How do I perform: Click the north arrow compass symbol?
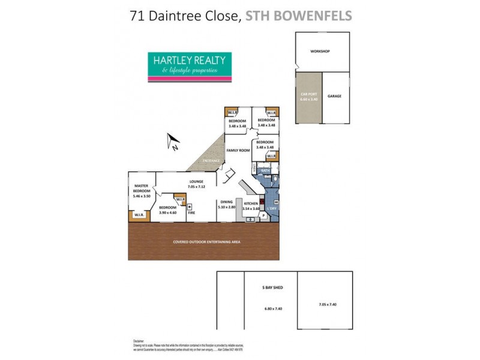(174, 142)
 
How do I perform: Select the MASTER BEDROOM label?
(142, 188)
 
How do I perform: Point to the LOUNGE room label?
(196, 182)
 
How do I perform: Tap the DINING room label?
(226, 203)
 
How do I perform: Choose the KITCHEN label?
(251, 204)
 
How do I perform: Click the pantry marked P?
(263, 215)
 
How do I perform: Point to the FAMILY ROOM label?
(237, 150)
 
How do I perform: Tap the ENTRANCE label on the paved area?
(210, 161)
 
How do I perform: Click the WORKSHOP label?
(320, 52)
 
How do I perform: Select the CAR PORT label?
(309, 95)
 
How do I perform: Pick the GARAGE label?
(334, 95)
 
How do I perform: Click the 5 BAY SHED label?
(272, 288)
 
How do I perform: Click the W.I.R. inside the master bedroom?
(139, 215)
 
